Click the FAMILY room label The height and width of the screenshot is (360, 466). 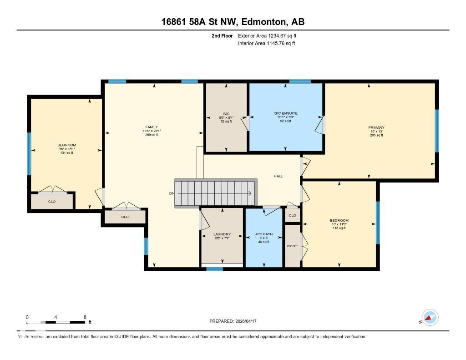point(152,127)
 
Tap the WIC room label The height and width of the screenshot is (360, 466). point(226,114)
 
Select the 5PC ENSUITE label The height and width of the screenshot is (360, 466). point(286,113)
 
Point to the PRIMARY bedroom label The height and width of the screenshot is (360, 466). point(376,127)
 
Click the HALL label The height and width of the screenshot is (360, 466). point(278,176)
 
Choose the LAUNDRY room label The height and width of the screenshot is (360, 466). point(222,234)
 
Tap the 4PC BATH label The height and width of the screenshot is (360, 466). point(264,234)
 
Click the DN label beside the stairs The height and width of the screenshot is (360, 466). point(172,193)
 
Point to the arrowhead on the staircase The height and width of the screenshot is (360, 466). point(250,193)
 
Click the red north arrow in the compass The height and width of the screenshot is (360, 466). point(428,318)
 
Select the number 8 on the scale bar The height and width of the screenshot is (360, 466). point(85,317)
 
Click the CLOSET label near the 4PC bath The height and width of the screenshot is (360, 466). point(293,246)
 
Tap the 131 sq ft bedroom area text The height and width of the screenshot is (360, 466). point(66,153)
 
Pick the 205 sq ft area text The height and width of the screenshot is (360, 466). point(376,135)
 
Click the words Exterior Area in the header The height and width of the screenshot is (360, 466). point(252,36)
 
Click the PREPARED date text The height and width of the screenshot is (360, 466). point(233,321)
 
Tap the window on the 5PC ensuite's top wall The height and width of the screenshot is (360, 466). point(300,81)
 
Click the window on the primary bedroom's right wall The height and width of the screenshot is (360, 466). point(437,131)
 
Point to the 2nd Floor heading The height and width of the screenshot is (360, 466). point(222,36)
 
